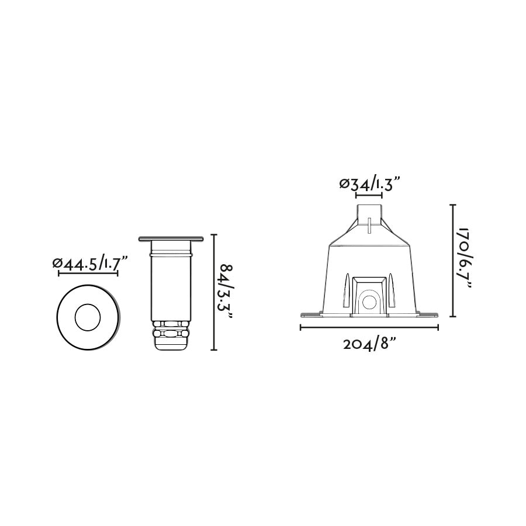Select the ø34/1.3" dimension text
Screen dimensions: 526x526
click(x=369, y=184)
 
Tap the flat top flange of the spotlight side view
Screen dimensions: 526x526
click(x=171, y=239)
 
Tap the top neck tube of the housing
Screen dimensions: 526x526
click(x=369, y=211)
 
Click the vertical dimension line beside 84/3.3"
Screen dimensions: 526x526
click(x=214, y=292)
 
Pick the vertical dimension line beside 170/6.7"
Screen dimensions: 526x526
click(x=452, y=260)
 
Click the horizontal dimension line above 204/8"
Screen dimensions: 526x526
click(x=369, y=327)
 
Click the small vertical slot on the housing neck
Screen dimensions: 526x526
click(x=369, y=224)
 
